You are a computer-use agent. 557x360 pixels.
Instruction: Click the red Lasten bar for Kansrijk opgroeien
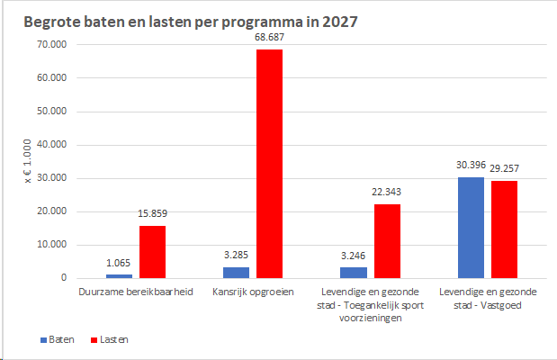(x=269, y=164)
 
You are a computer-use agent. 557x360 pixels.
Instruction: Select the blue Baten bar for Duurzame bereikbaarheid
(x=119, y=276)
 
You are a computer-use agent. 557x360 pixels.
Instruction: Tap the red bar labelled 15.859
(x=152, y=252)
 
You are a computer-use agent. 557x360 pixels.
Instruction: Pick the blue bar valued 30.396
(x=471, y=228)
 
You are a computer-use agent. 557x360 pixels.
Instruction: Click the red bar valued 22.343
(x=387, y=241)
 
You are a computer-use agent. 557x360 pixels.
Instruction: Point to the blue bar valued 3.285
(x=237, y=273)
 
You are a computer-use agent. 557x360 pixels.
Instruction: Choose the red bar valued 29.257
(x=505, y=229)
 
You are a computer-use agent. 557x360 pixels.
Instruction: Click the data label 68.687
(x=269, y=37)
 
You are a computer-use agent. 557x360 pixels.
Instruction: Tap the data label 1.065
(x=118, y=263)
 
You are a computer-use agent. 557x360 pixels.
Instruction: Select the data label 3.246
(x=353, y=256)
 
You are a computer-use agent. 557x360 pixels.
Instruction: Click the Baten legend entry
(x=58, y=339)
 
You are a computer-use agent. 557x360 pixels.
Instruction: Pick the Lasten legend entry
(x=110, y=339)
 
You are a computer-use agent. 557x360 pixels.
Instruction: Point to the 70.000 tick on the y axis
(x=52, y=44)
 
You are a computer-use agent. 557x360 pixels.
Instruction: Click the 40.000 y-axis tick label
(x=52, y=144)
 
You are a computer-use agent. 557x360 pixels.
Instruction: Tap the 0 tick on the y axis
(x=64, y=277)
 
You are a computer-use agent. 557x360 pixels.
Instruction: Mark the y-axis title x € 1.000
(x=28, y=161)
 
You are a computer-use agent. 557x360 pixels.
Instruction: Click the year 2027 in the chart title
(x=339, y=22)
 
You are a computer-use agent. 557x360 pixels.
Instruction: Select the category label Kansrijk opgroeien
(x=253, y=292)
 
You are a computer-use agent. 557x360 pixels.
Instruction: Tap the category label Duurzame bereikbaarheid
(x=136, y=292)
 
